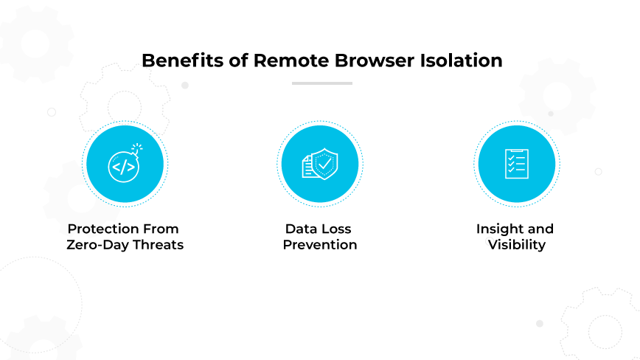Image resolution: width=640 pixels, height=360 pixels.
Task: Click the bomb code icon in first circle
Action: coord(123,165)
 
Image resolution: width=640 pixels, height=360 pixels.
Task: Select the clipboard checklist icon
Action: coord(516,163)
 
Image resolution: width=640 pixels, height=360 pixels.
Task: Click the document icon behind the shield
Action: coord(307,167)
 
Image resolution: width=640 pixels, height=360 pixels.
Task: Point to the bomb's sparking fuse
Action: coord(136,149)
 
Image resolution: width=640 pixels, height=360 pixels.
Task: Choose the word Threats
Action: coord(158,245)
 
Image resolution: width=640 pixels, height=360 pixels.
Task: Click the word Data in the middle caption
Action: coord(302,229)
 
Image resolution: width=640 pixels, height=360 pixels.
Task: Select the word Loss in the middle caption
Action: coord(338,229)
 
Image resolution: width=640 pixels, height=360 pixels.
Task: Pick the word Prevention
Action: coord(320,245)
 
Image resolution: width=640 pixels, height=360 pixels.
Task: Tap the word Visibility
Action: coord(516,245)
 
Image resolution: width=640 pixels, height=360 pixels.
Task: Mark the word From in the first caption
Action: coord(162,229)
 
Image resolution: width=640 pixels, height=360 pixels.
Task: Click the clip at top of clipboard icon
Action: coord(516,150)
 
